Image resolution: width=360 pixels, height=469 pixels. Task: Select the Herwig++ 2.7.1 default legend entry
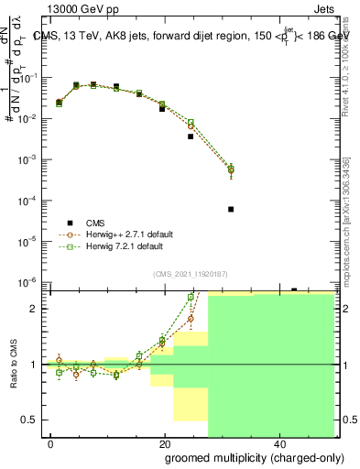(130, 234)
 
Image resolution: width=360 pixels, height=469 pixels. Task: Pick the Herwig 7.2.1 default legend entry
(126, 246)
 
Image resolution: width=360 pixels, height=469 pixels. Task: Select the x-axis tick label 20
(164, 443)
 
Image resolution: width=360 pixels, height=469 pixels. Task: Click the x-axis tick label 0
(50, 443)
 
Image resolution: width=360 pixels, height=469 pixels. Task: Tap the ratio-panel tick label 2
(37, 309)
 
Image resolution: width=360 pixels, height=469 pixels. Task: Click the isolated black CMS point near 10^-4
(231, 209)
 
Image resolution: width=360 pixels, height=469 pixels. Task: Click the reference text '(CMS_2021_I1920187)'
(191, 273)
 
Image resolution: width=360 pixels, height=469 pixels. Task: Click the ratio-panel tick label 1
(37, 365)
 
